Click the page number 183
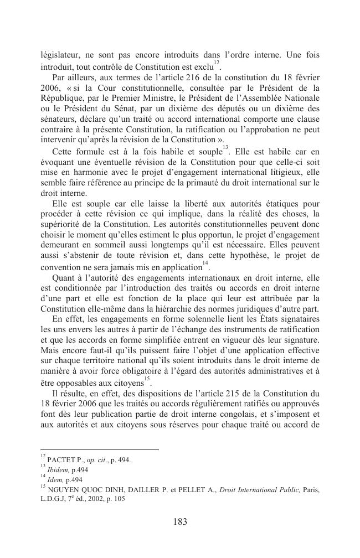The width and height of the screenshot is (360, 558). point(180,521)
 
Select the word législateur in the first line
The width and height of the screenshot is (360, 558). point(60,55)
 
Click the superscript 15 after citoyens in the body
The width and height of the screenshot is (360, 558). point(147,379)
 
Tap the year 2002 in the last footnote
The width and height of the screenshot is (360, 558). point(105,498)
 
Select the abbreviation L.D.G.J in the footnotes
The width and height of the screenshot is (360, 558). point(54,498)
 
